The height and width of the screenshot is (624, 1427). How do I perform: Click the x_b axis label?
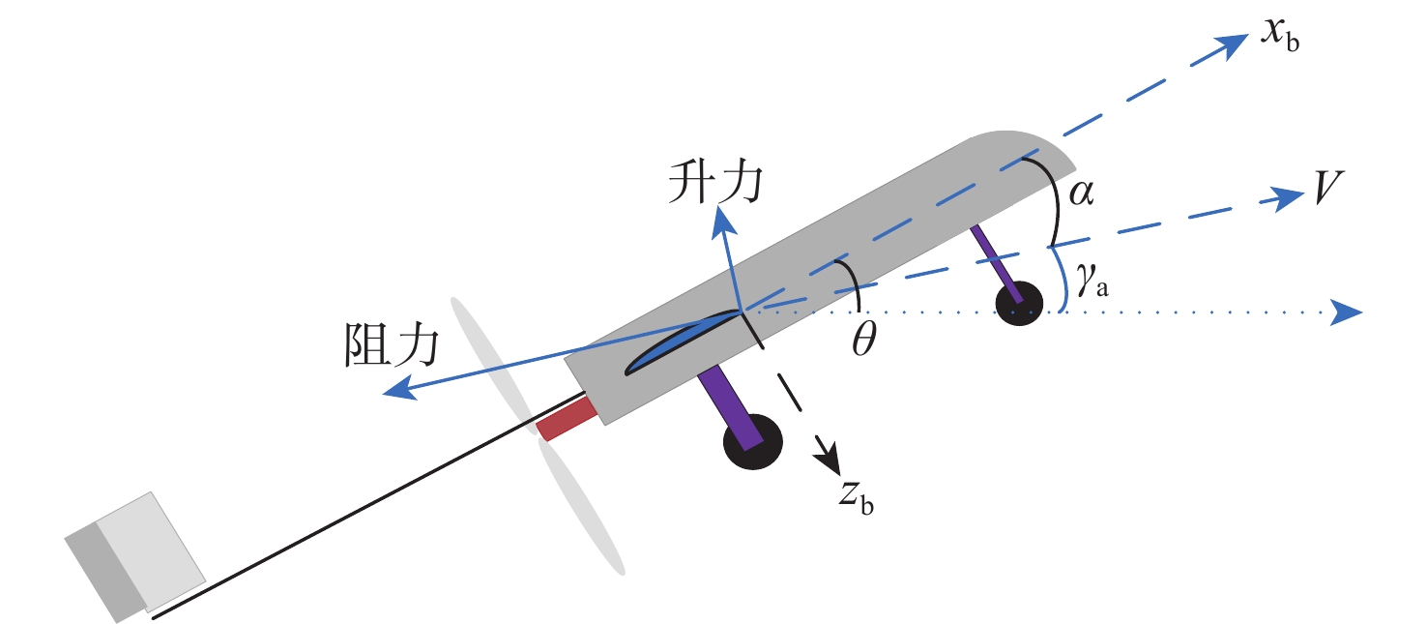tap(1279, 37)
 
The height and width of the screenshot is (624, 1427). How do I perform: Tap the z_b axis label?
tap(857, 495)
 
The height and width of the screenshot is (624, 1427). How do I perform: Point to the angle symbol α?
tap(1081, 193)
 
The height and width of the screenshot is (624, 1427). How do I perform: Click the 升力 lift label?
tap(713, 183)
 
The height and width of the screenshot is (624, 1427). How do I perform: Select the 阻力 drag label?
tap(391, 344)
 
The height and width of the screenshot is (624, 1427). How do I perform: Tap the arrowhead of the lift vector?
tap(721, 221)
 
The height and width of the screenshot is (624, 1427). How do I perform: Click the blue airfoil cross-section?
tap(677, 343)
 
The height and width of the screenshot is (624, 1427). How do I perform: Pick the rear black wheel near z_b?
tap(752, 443)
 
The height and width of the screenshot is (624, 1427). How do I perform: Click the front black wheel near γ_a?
tap(1019, 304)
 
